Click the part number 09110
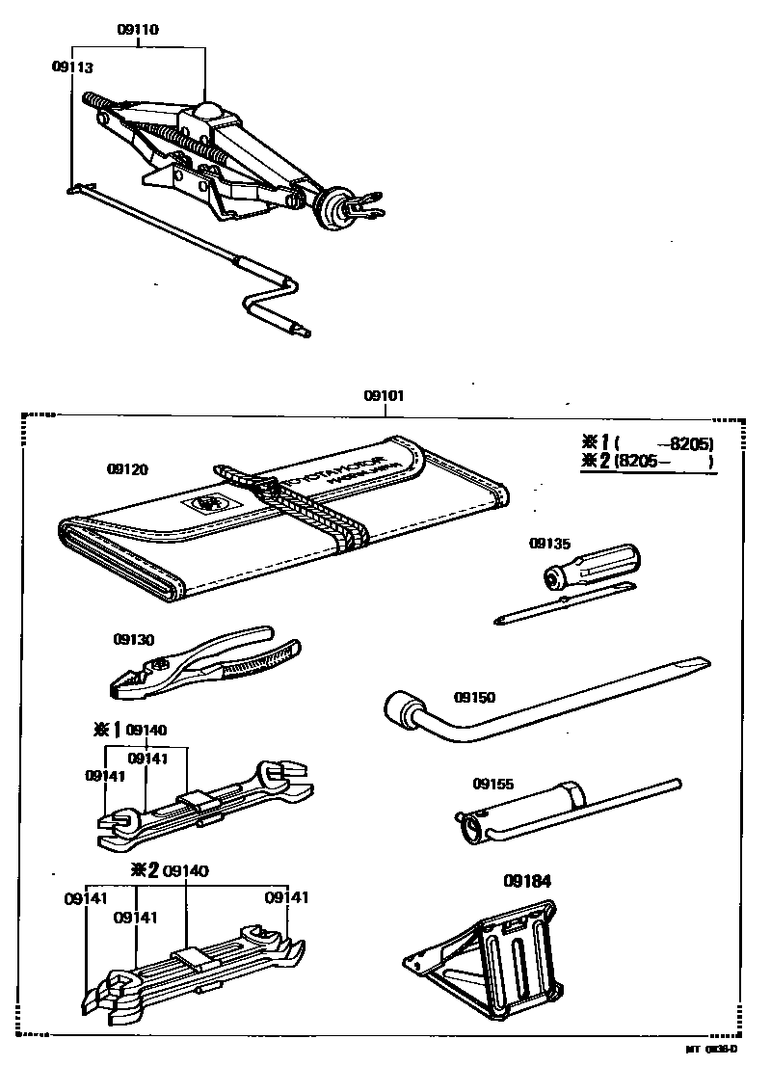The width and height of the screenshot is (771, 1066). click(138, 30)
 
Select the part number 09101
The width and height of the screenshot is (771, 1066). click(384, 396)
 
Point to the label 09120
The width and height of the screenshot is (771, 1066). click(128, 469)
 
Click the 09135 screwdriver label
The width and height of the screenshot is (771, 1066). click(549, 544)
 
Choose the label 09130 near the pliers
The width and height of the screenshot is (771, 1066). click(133, 638)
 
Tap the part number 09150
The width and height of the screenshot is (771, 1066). click(473, 696)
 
